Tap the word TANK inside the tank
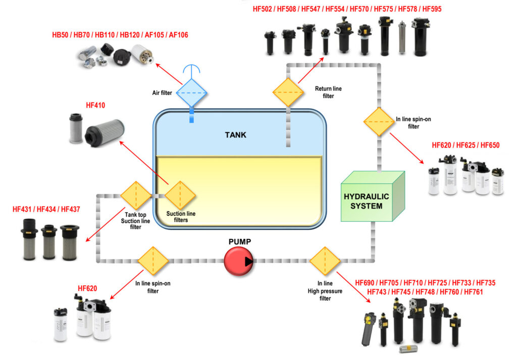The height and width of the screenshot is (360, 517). coord(236,135)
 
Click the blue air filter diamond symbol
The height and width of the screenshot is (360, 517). coord(191,92)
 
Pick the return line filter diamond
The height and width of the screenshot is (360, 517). coord(288,92)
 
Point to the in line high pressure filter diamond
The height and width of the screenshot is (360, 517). coord(325,261)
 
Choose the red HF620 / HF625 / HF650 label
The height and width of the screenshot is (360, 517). coord(466,145)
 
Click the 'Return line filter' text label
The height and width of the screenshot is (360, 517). coord(328,92)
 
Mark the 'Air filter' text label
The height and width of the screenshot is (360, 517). coord(163,93)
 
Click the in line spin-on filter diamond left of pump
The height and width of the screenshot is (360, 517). coord(152,261)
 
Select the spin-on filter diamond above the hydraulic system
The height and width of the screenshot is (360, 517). coord(379,122)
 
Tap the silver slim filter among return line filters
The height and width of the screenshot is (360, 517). coord(402,38)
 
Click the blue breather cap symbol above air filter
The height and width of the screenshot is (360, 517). coord(191,71)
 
